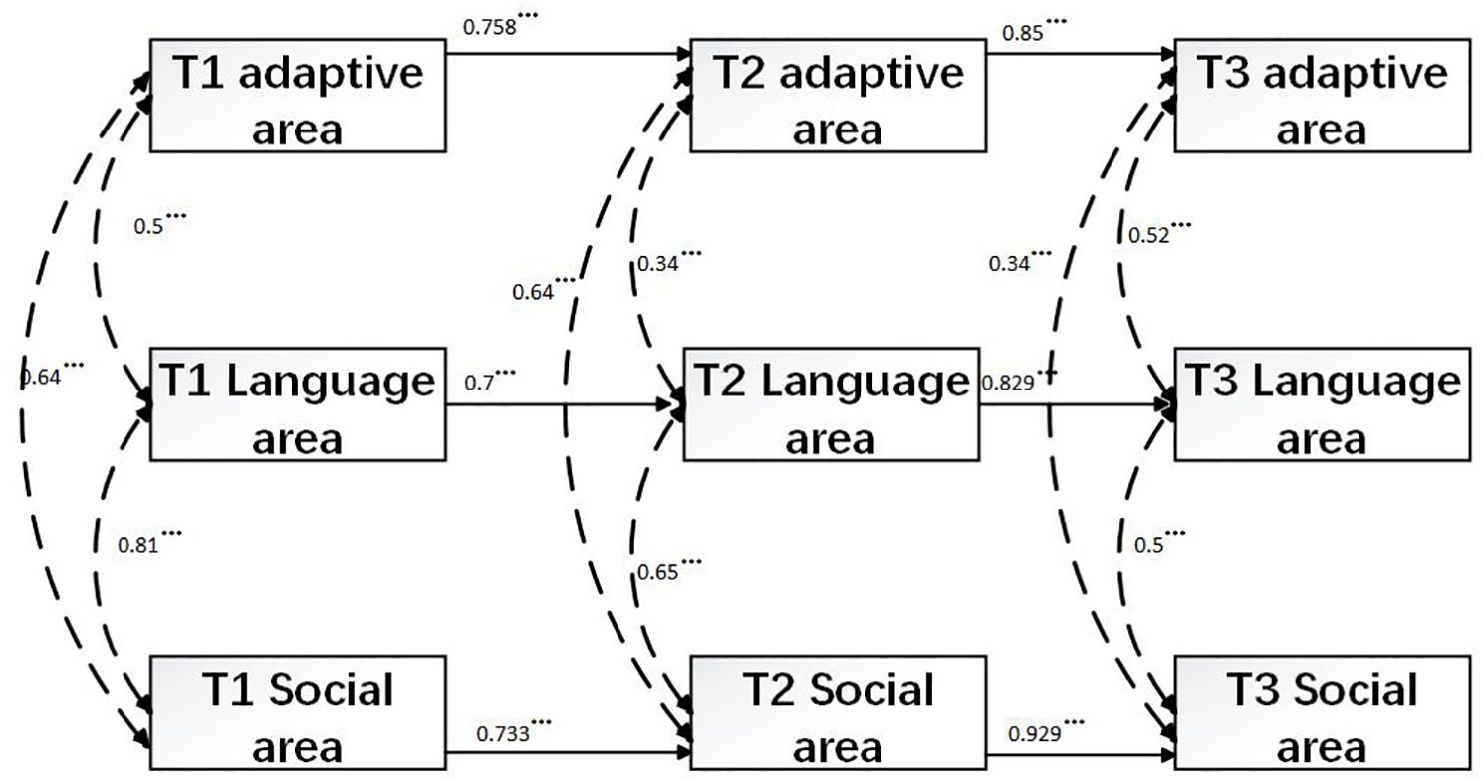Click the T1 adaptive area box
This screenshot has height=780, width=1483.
coord(298,96)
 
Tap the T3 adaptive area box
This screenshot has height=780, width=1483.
coord(1322,96)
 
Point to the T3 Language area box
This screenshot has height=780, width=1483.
coord(1322,403)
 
